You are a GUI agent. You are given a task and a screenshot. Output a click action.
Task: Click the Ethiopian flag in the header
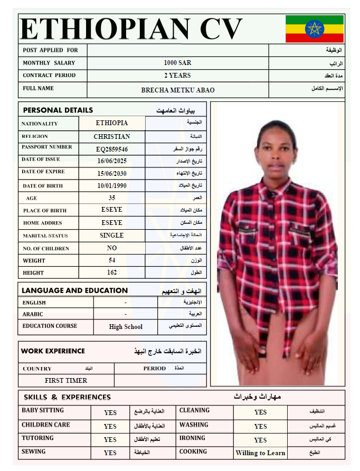pos(314,29)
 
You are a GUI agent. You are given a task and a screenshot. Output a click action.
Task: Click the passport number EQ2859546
pos(112,149)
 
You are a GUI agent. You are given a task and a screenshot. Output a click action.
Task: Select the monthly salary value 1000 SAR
pos(177,63)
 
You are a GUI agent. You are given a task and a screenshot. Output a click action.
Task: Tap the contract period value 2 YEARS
pos(177,76)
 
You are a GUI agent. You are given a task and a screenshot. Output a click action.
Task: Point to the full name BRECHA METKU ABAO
pos(178,90)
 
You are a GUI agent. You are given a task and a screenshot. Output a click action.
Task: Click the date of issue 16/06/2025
pos(112,161)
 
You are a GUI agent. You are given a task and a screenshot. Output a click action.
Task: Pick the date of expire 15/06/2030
pos(112,173)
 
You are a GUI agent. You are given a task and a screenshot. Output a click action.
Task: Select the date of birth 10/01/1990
pos(112,186)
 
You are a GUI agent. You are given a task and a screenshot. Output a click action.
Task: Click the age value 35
pos(112,198)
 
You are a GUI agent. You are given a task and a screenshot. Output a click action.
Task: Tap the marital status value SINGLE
pos(112,235)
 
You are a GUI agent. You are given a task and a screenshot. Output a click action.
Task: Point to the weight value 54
pos(112,260)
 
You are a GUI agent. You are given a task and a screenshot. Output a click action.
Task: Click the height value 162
pos(112,272)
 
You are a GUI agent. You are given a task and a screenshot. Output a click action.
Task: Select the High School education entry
pos(126,327)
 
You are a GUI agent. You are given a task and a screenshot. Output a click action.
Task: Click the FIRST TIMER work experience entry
pos(66,380)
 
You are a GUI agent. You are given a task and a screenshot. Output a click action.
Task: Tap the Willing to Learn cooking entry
pos(260,453)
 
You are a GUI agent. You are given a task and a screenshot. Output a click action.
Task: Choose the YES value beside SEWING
pos(110,453)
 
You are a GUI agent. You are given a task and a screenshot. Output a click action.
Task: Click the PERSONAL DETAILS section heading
pos(58,110)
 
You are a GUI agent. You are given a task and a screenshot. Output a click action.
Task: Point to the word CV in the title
pos(216,29)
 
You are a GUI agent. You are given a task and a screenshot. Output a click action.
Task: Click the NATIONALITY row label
pos(40,124)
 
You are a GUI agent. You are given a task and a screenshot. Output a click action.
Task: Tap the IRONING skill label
pos(192,438)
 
